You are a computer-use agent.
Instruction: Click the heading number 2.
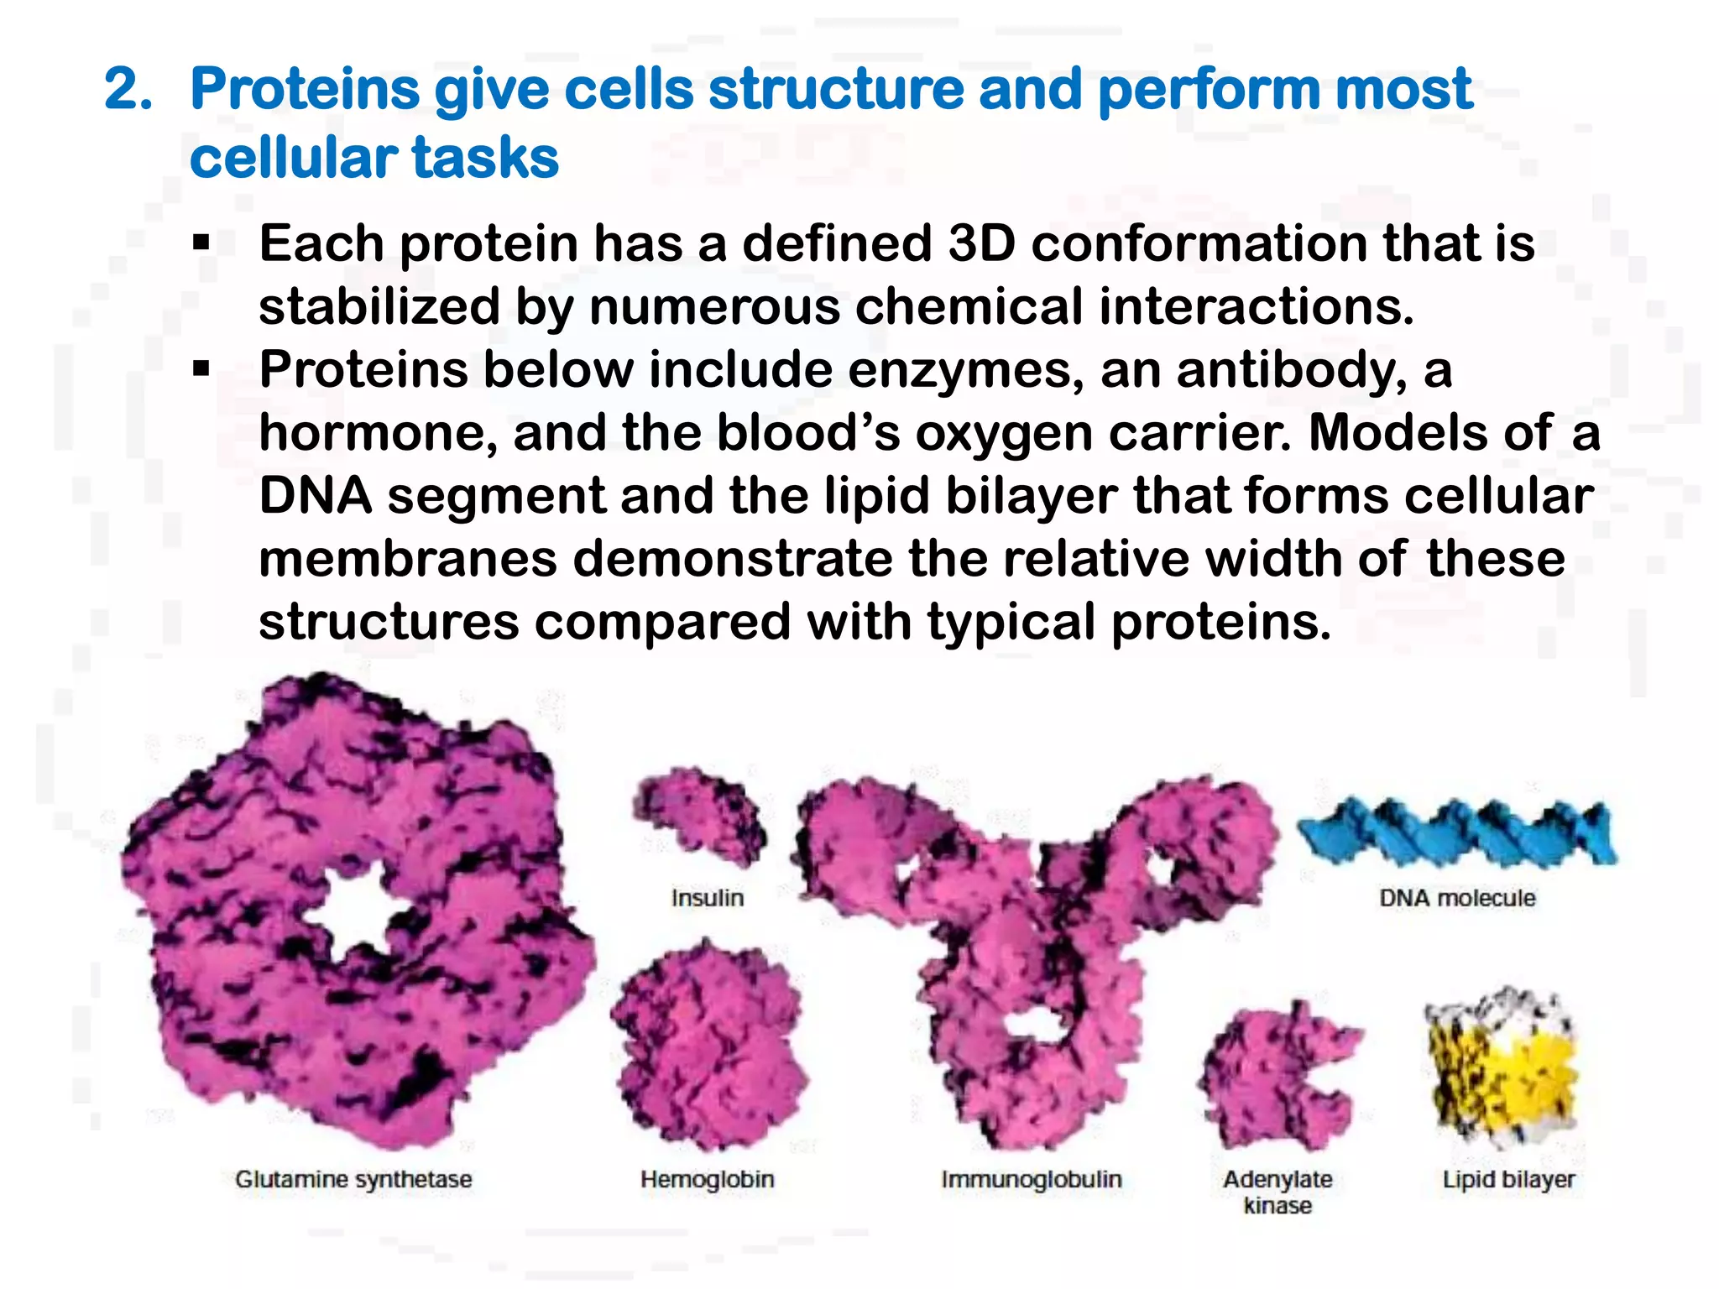pos(128,89)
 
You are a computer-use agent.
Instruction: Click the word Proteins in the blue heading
pos(305,89)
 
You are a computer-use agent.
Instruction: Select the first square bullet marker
pos(201,243)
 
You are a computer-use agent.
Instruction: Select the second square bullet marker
pos(201,369)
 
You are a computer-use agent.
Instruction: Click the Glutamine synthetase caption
pos(353,1179)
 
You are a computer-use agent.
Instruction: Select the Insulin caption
pos(708,898)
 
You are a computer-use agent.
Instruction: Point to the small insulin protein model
pos(698,818)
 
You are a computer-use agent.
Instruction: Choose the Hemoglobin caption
pos(707,1179)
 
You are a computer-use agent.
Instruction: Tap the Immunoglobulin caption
pos(1031,1179)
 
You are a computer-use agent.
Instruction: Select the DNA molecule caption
pos(1457,898)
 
